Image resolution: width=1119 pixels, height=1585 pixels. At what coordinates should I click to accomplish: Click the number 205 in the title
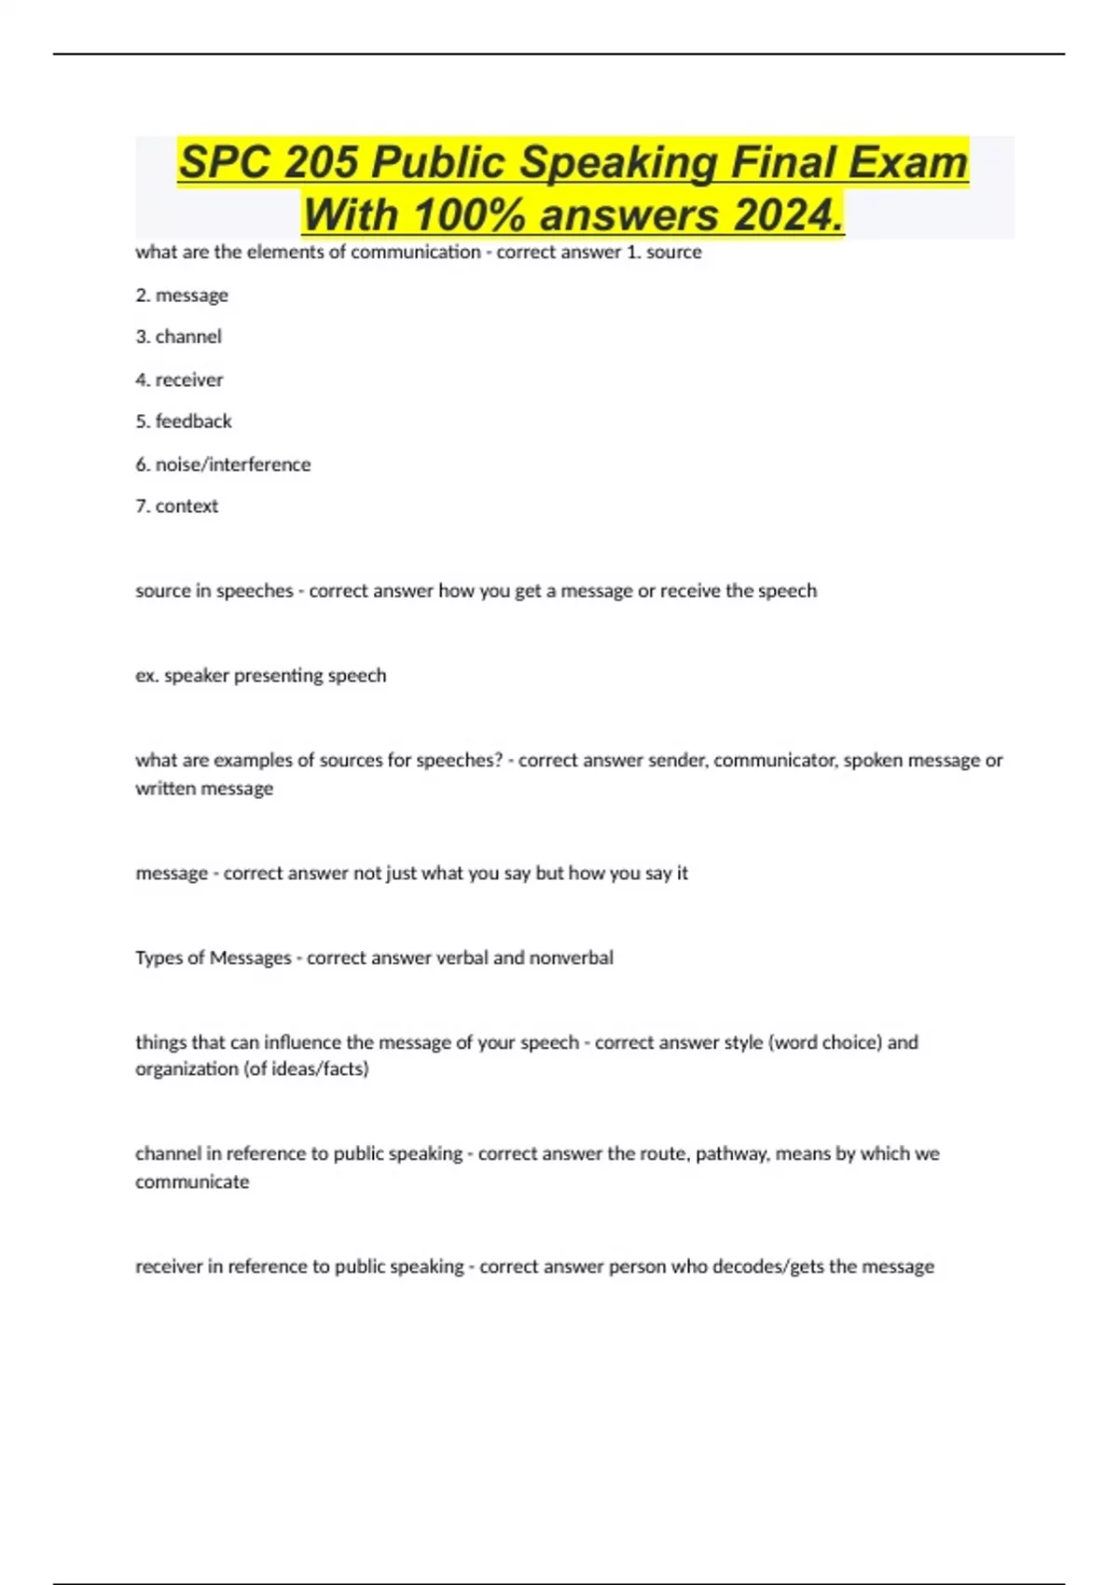pos(321,162)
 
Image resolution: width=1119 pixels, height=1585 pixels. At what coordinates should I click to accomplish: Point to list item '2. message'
pos(182,296)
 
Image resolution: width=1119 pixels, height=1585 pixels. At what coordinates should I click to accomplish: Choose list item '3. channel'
pos(178,337)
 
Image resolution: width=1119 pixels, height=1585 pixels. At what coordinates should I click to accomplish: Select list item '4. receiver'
pos(179,379)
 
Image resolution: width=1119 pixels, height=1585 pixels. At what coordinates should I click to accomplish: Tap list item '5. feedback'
pos(184,421)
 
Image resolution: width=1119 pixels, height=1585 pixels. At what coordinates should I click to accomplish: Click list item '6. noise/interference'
pos(223,464)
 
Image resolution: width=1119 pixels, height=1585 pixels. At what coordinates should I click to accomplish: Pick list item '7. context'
pos(176,506)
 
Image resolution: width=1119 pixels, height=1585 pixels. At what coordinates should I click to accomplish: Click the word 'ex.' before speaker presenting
pos(146,676)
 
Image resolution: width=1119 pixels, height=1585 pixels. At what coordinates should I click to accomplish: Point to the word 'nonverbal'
pos(571,958)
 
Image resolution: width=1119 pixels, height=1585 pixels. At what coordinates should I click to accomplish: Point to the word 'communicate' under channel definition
pos(192,1182)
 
